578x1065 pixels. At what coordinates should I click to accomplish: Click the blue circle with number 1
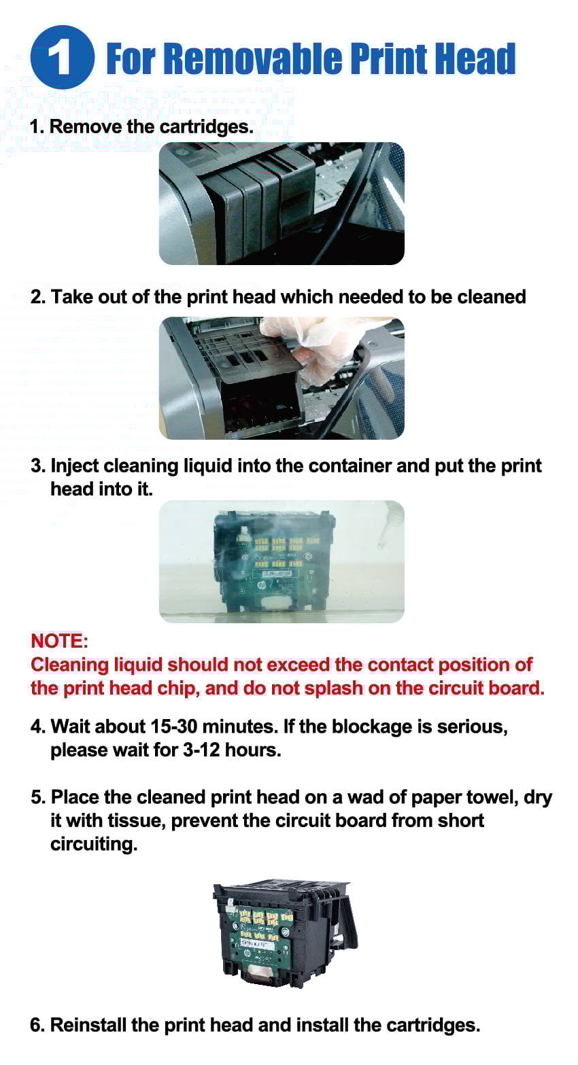pos(62,58)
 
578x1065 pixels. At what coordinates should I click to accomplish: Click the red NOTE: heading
pos(60,641)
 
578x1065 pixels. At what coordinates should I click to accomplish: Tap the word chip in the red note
pos(176,688)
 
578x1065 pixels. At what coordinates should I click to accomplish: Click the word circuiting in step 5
pos(94,844)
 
